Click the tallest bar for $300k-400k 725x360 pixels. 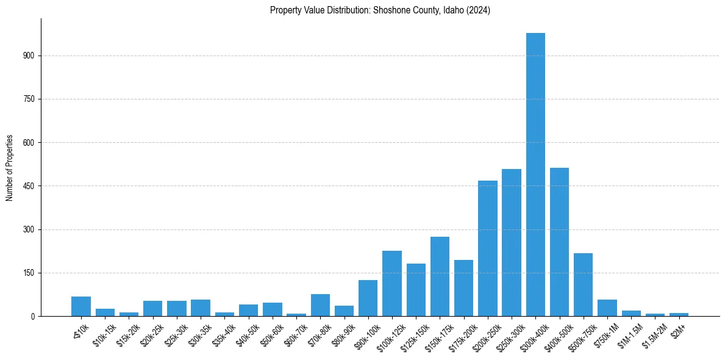(x=535, y=175)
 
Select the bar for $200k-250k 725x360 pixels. (x=488, y=248)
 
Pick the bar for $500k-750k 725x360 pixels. (x=583, y=285)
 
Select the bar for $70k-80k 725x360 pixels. (x=320, y=305)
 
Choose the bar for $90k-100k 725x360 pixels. (x=368, y=298)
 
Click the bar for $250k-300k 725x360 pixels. (x=512, y=243)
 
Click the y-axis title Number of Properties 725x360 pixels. (x=9, y=168)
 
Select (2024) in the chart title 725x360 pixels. (x=479, y=10)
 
